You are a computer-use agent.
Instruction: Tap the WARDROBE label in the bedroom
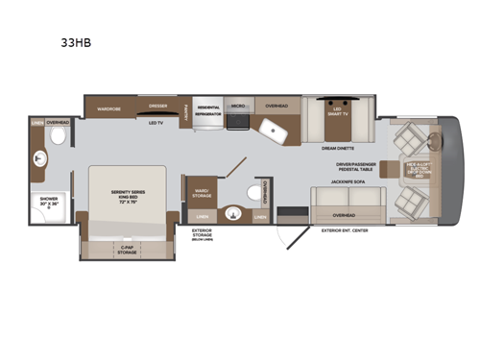pyautogui.click(x=108, y=108)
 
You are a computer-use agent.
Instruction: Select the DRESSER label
pyautogui.click(x=158, y=107)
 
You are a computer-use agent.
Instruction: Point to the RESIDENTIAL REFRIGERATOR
pyautogui.click(x=208, y=110)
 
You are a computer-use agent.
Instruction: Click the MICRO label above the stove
pyautogui.click(x=238, y=106)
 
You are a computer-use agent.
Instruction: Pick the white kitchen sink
pyautogui.click(x=270, y=130)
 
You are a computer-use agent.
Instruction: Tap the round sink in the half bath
pyautogui.click(x=232, y=212)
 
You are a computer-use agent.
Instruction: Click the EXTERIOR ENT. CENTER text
pyautogui.click(x=343, y=230)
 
